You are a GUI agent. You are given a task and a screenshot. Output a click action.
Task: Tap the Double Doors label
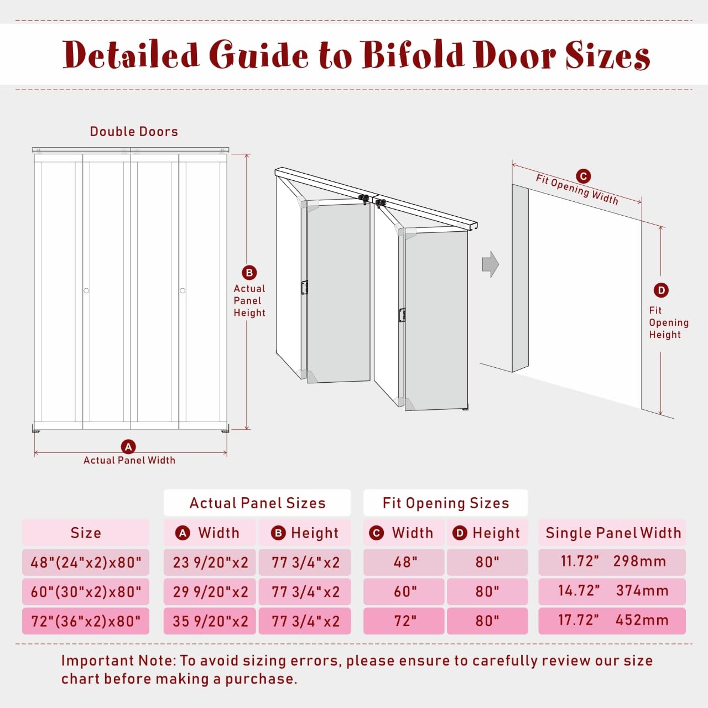(x=134, y=132)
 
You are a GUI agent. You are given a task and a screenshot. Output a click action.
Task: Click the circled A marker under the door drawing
(x=128, y=446)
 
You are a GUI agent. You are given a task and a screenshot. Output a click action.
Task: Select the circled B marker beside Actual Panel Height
(x=249, y=273)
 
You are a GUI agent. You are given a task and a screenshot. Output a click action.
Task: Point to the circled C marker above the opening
(x=584, y=176)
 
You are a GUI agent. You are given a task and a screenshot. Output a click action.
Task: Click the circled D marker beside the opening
(x=661, y=290)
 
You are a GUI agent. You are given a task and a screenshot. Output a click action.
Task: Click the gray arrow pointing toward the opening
(x=490, y=264)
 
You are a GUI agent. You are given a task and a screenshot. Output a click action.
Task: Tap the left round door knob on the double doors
(x=86, y=290)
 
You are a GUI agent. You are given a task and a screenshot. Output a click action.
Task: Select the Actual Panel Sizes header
(x=257, y=503)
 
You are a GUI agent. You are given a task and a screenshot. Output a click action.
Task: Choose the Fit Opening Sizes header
(x=446, y=503)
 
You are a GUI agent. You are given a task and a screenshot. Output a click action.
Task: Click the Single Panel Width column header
(x=613, y=533)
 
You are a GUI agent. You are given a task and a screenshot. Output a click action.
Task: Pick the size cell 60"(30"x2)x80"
(x=86, y=592)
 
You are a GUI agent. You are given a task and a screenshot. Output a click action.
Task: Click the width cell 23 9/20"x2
(x=210, y=563)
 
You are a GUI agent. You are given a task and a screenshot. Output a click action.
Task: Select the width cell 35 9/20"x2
(x=210, y=621)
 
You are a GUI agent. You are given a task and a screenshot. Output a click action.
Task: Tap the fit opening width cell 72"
(x=404, y=621)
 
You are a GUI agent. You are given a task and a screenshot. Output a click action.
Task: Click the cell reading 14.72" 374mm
(x=612, y=591)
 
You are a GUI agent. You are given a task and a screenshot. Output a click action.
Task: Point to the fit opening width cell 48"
(x=404, y=563)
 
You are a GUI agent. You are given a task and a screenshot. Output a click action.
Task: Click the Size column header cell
(x=86, y=533)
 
